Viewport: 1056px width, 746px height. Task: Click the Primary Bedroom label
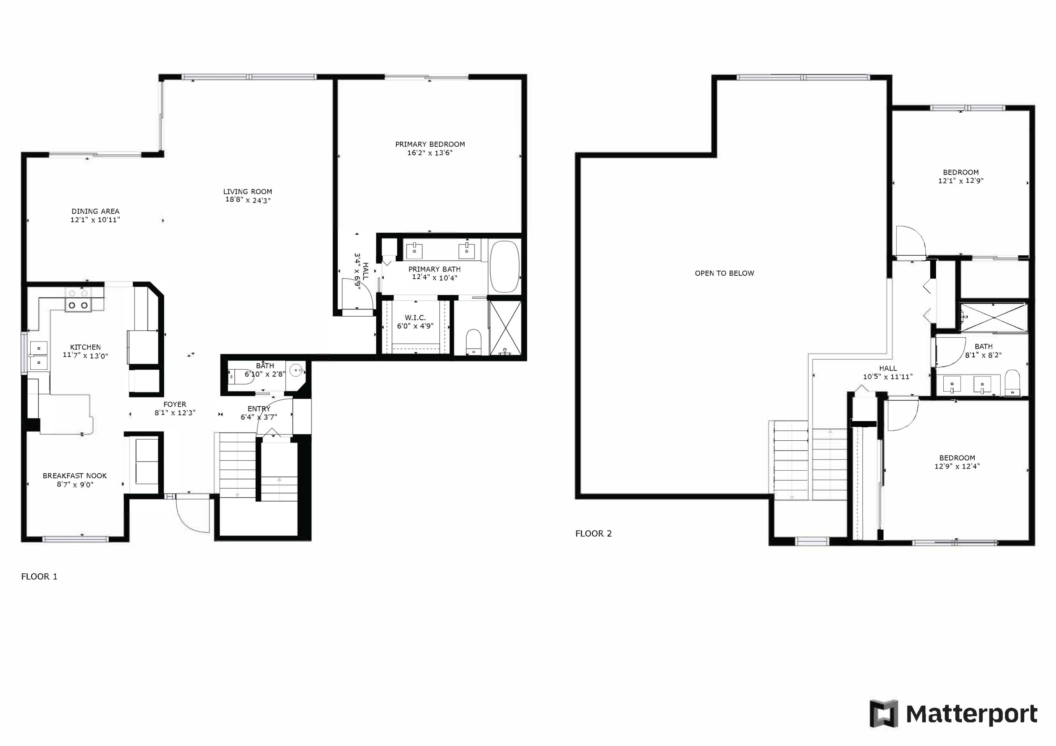pyautogui.click(x=430, y=144)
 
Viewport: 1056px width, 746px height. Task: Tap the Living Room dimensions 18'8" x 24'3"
pyautogui.click(x=248, y=200)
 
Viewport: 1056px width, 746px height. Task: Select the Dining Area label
pyautogui.click(x=95, y=211)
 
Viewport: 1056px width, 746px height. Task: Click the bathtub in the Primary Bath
pyautogui.click(x=504, y=267)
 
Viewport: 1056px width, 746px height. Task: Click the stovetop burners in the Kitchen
pyautogui.click(x=78, y=305)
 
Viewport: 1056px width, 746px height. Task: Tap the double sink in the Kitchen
pyautogui.click(x=39, y=355)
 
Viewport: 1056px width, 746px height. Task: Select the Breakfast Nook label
pyautogui.click(x=75, y=476)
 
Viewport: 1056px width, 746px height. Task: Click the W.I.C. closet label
pyautogui.click(x=415, y=318)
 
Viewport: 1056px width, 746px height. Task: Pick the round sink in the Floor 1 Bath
pyautogui.click(x=296, y=370)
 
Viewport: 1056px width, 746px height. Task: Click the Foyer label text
pyautogui.click(x=175, y=404)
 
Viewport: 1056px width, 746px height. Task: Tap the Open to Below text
pyautogui.click(x=724, y=273)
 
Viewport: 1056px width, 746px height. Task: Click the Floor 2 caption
pyautogui.click(x=593, y=534)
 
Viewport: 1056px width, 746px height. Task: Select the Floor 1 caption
pyautogui.click(x=39, y=576)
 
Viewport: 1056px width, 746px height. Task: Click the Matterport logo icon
pyautogui.click(x=883, y=714)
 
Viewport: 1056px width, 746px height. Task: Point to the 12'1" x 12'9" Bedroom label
pyautogui.click(x=961, y=172)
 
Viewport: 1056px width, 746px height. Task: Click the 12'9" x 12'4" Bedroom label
pyautogui.click(x=957, y=458)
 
